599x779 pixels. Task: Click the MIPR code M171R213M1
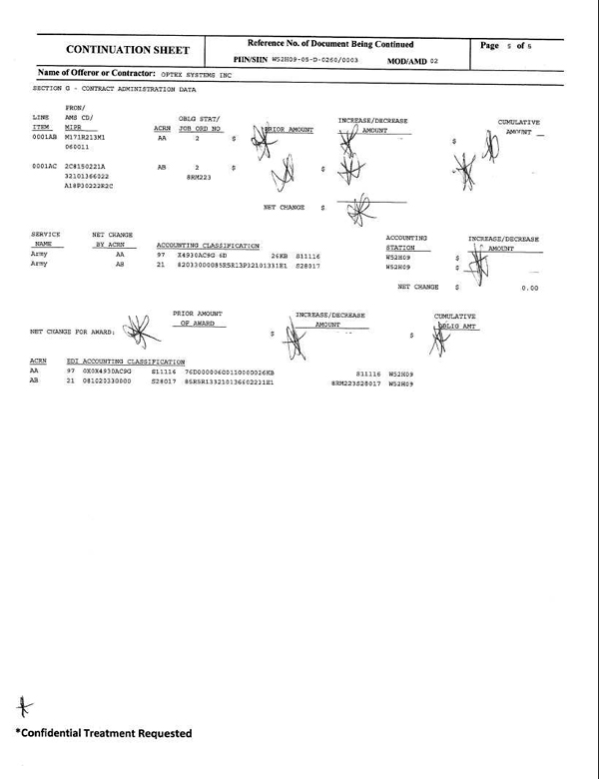pyautogui.click(x=86, y=137)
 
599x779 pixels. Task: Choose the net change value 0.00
pyautogui.click(x=529, y=288)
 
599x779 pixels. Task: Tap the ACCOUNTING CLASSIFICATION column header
pyautogui.click(x=208, y=245)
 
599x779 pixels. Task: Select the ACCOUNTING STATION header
pyautogui.click(x=406, y=241)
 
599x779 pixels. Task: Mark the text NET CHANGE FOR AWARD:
pyautogui.click(x=73, y=330)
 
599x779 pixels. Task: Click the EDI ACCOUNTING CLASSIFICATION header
pyautogui.click(x=125, y=361)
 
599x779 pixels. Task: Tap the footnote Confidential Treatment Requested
pyautogui.click(x=103, y=733)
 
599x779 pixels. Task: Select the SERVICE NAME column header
pyautogui.click(x=46, y=240)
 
